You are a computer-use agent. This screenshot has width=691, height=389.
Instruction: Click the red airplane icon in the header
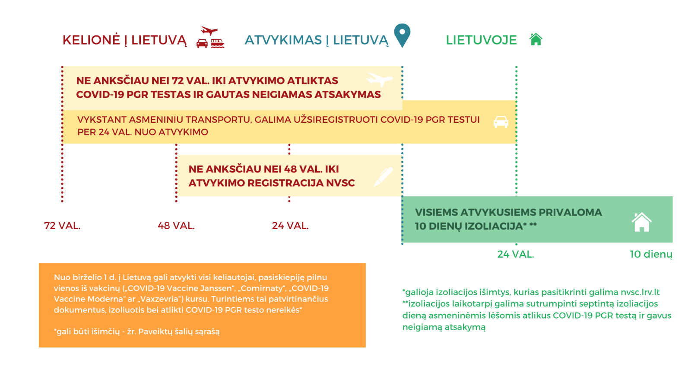point(209,31)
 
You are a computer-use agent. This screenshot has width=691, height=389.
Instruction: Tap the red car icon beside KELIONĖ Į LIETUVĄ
point(202,44)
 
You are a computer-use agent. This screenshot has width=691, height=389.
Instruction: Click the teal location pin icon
point(402,35)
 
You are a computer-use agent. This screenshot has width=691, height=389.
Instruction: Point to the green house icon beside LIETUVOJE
point(536,39)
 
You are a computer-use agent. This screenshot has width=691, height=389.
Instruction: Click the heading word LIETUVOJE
point(481,40)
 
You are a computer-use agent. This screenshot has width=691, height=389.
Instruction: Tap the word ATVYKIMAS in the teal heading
point(283,40)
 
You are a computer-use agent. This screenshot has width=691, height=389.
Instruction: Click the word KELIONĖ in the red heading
point(91,40)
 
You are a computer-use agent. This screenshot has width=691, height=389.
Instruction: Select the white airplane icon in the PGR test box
point(380,80)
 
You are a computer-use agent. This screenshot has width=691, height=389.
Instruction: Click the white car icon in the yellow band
point(501,122)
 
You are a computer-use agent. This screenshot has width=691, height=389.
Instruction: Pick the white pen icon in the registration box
point(384,177)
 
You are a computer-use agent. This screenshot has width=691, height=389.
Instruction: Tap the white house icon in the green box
point(642,222)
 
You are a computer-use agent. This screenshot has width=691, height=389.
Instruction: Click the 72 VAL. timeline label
point(62,226)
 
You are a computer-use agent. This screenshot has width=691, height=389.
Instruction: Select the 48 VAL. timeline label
point(176,226)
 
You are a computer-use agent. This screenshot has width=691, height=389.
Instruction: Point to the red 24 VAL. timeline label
point(290,226)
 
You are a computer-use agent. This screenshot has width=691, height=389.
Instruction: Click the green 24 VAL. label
point(516,255)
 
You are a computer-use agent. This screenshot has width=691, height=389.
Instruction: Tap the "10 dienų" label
point(651,255)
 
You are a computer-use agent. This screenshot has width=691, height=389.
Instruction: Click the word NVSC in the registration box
point(341,183)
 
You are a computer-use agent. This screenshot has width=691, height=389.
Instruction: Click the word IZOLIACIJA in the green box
point(494,226)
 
